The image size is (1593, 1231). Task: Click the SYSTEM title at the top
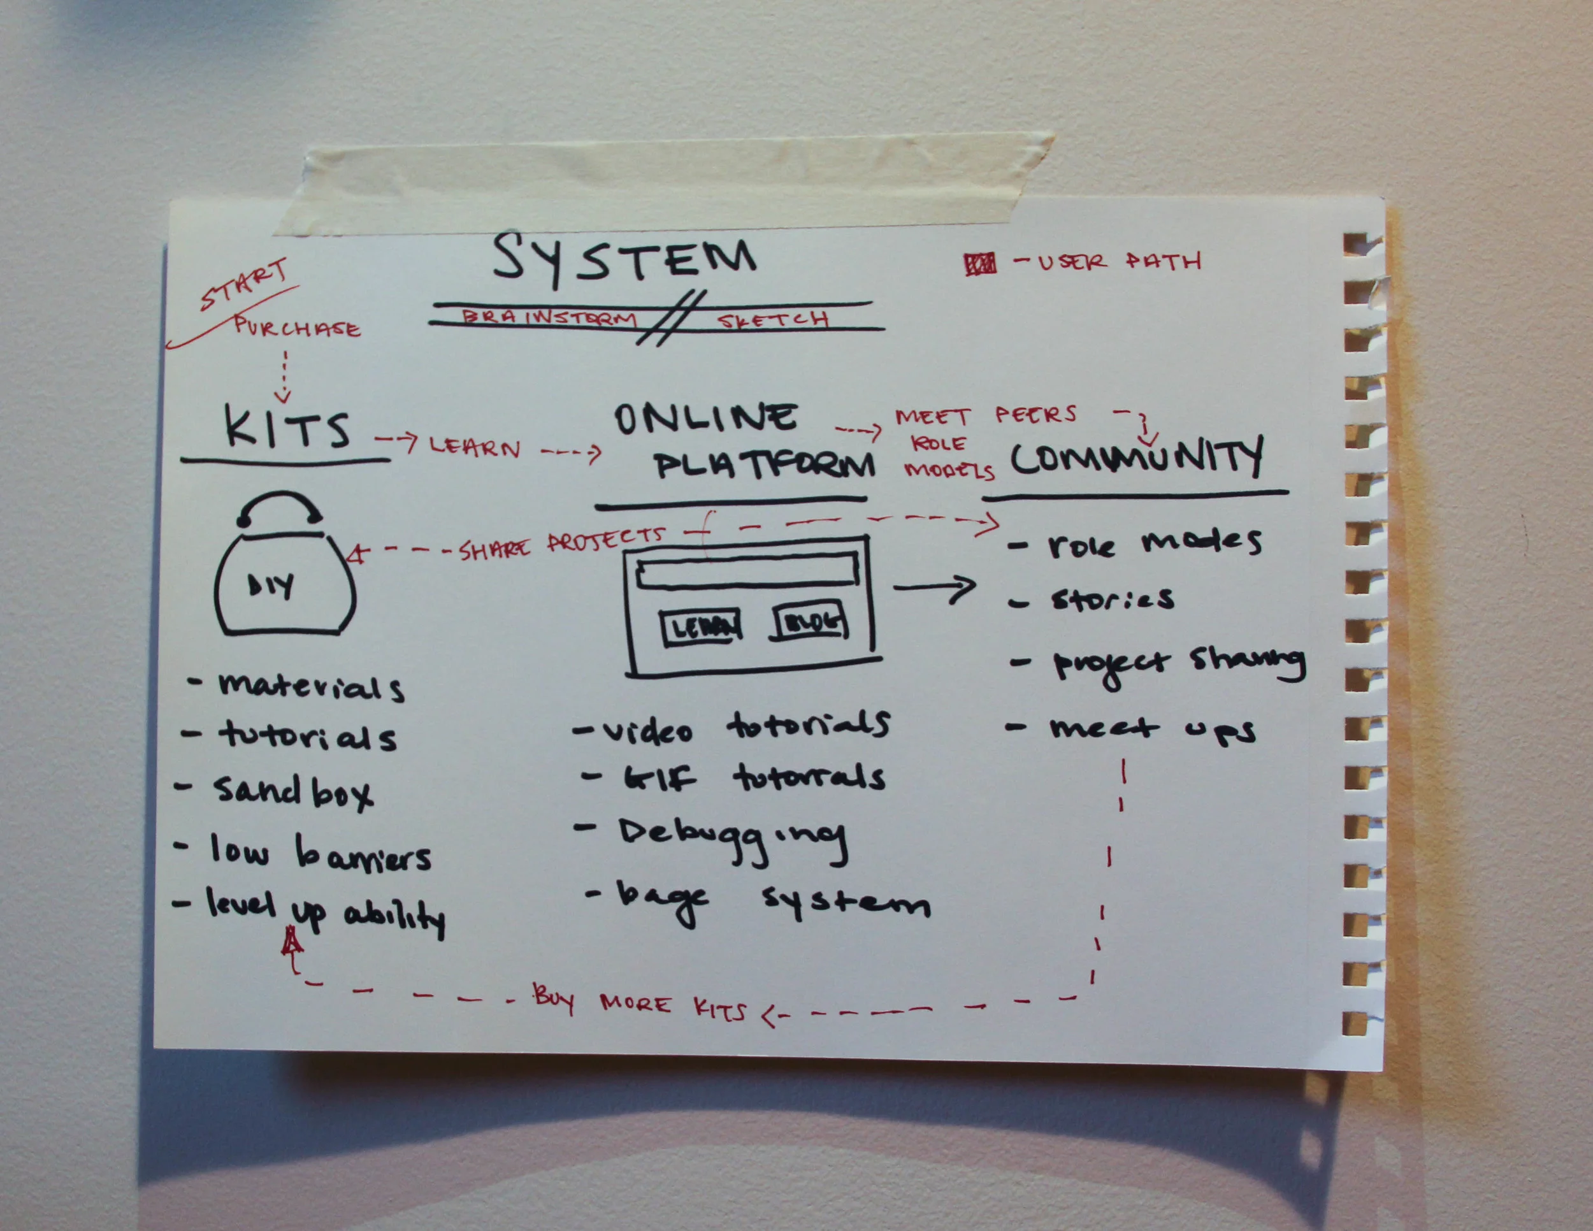pos(624,258)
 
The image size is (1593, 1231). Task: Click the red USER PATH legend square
pos(979,264)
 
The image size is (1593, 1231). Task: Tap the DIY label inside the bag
pos(271,585)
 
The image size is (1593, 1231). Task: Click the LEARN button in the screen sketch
pos(701,627)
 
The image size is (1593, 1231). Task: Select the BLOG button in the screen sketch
pos(811,622)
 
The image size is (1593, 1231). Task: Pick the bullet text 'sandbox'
pos(292,791)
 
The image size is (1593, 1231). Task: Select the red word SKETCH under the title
pos(773,319)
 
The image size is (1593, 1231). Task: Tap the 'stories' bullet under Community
pos(1112,600)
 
